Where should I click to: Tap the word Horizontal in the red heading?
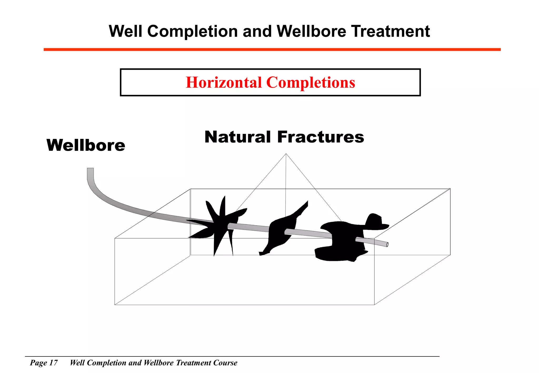click(x=224, y=82)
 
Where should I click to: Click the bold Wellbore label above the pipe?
click(x=86, y=145)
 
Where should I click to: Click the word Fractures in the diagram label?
click(x=321, y=137)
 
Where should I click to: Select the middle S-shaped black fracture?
click(x=279, y=231)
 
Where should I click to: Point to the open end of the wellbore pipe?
click(x=387, y=245)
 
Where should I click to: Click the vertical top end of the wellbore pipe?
click(x=90, y=170)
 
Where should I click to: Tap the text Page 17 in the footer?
click(x=44, y=363)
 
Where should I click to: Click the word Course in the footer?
click(x=225, y=363)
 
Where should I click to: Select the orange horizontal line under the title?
click(x=272, y=49)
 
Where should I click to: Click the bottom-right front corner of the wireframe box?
click(x=374, y=305)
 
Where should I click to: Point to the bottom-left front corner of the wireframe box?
click(x=115, y=305)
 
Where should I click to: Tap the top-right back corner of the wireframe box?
click(x=450, y=189)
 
